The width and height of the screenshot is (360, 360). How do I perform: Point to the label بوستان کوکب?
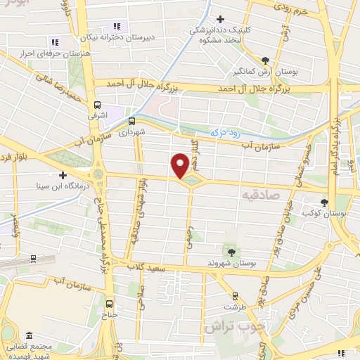[x=324, y=212]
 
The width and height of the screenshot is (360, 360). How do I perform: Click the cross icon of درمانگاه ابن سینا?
[x=63, y=175]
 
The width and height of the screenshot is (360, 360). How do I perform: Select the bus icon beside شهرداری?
[x=131, y=120]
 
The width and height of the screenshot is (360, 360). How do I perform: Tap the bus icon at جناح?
[x=109, y=304]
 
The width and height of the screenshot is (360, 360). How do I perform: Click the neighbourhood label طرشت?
[x=231, y=307]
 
